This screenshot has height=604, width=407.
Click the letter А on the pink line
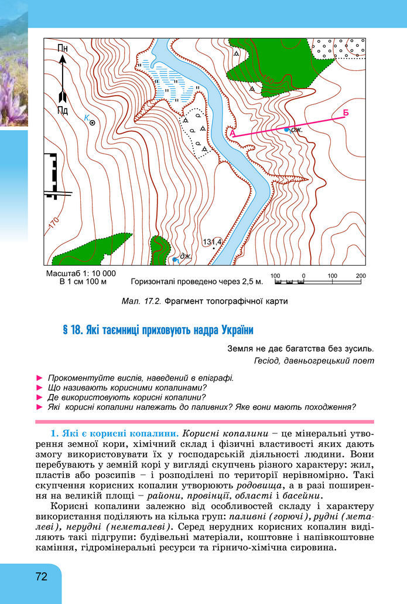(x=232, y=133)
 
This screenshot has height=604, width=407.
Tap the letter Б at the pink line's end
(x=346, y=112)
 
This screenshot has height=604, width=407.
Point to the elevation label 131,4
(x=213, y=242)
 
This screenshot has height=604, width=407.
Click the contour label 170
(x=54, y=224)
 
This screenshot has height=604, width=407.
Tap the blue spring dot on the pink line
(x=286, y=129)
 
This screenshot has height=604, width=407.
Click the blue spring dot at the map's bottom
(x=175, y=259)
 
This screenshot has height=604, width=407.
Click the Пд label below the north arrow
(x=63, y=110)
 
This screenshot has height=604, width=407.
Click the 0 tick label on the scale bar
(x=303, y=275)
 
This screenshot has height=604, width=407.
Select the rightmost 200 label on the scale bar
(x=361, y=275)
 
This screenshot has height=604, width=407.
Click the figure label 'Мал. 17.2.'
(x=141, y=301)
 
